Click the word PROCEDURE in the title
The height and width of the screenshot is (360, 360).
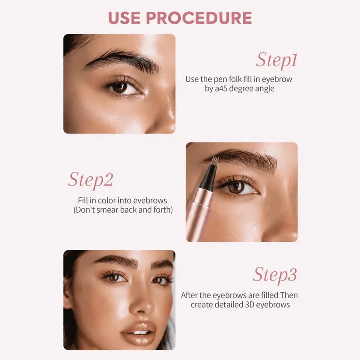(199, 17)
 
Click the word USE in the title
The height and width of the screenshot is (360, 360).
(124, 17)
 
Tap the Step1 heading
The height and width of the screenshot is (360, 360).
(276, 60)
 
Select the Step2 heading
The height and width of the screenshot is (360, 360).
(91, 180)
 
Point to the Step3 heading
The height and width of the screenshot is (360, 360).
(275, 275)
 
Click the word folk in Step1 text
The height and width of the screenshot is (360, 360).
(235, 79)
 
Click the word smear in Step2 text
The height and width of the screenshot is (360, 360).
(107, 210)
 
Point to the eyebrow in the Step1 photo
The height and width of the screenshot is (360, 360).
(121, 60)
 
